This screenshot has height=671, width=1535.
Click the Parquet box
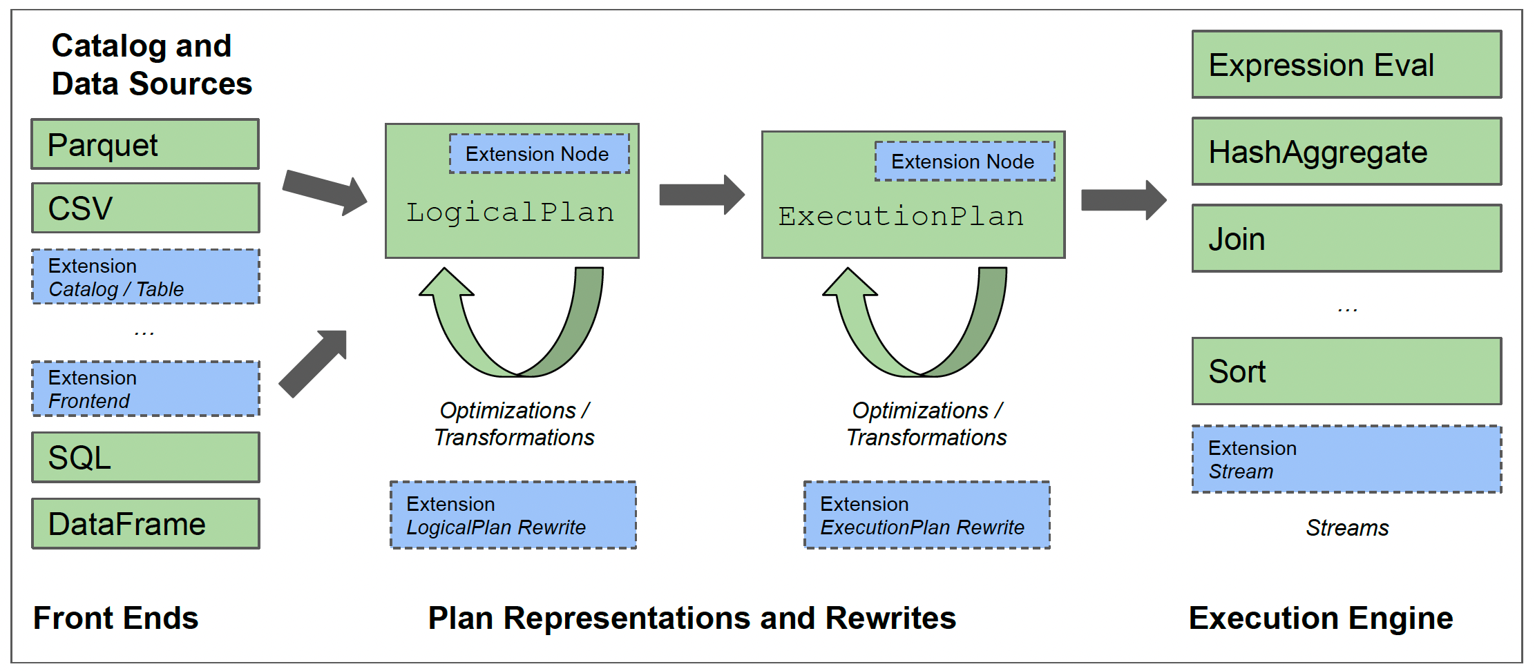[x=145, y=144]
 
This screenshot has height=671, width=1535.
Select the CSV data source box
[x=145, y=208]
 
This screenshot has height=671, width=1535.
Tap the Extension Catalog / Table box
[x=145, y=277]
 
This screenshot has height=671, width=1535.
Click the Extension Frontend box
[x=145, y=389]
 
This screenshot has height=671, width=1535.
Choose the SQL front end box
[x=145, y=457]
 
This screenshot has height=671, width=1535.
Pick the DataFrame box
[x=145, y=523]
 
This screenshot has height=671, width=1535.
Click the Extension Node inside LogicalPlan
[x=539, y=154]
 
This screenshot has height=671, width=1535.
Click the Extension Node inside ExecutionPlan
[x=964, y=162]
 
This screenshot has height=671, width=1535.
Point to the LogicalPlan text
[x=510, y=213]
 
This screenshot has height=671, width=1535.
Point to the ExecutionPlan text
[x=901, y=217]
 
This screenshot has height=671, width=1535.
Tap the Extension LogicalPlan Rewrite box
[x=513, y=515]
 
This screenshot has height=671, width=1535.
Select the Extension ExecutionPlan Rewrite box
[x=926, y=515]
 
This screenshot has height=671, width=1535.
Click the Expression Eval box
[x=1346, y=65]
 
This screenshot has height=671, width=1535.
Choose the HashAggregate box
[x=1346, y=152]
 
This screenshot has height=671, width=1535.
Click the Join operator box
[x=1346, y=239]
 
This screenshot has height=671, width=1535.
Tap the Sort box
[x=1346, y=371]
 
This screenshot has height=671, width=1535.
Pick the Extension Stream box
[x=1346, y=459]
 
